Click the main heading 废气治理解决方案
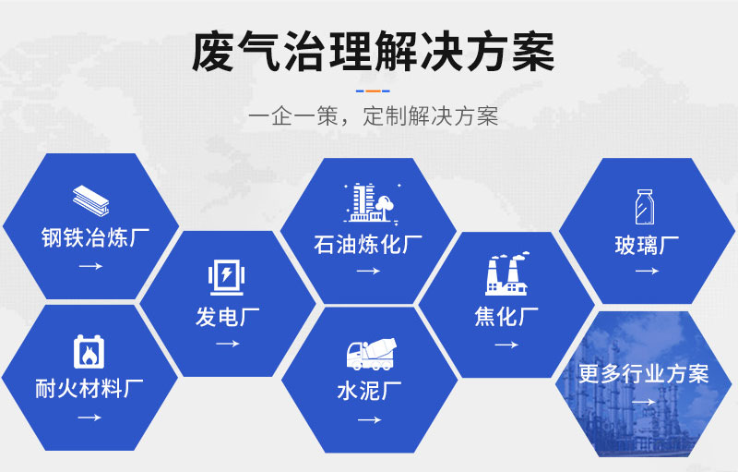click(x=373, y=52)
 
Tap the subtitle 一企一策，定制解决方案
click(x=373, y=116)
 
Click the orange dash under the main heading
click(x=373, y=91)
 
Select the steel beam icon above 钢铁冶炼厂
click(x=90, y=200)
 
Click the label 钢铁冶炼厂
click(x=95, y=237)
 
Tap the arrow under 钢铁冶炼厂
click(x=90, y=266)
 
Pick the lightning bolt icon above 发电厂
click(x=226, y=277)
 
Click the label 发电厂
click(x=228, y=317)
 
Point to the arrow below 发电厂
click(x=228, y=344)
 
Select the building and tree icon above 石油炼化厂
click(x=372, y=202)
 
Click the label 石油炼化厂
click(x=368, y=244)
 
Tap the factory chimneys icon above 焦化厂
click(x=506, y=274)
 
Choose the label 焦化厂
click(x=506, y=317)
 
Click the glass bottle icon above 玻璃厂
click(x=644, y=207)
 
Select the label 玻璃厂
click(x=647, y=245)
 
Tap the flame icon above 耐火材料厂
click(x=89, y=351)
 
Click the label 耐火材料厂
click(x=89, y=389)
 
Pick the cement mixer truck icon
click(x=372, y=354)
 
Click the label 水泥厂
click(x=370, y=391)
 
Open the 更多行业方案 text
click(x=643, y=374)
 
